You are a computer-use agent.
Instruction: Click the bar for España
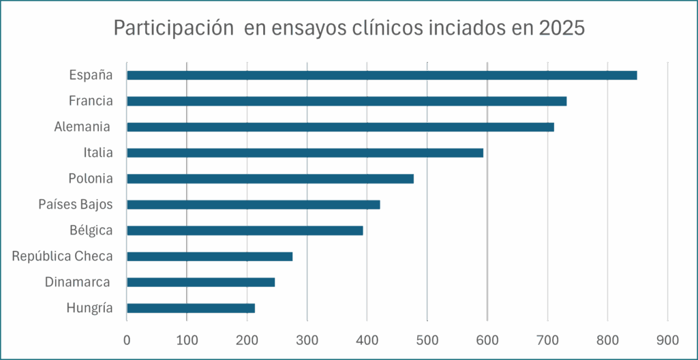(382, 75)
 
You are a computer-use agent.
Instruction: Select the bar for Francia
(346, 101)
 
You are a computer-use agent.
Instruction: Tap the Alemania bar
(340, 127)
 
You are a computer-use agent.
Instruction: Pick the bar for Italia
(305, 153)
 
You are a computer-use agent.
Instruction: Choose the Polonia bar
(270, 179)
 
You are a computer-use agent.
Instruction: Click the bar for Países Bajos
(253, 205)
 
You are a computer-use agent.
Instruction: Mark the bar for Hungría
(191, 308)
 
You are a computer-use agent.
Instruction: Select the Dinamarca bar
(201, 282)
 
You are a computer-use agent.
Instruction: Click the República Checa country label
(62, 256)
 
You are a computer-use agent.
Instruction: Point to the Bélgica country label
(91, 230)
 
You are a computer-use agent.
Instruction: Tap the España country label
(91, 75)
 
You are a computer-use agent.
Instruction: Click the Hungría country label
(89, 308)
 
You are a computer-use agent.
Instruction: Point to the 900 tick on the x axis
(667, 339)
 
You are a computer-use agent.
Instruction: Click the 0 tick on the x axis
(127, 339)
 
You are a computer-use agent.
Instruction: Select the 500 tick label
(427, 339)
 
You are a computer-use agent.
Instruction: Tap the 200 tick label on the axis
(247, 339)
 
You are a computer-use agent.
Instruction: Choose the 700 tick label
(547, 339)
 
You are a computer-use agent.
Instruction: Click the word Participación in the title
(168, 29)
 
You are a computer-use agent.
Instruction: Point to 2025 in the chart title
(562, 29)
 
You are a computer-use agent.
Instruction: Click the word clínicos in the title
(385, 29)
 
